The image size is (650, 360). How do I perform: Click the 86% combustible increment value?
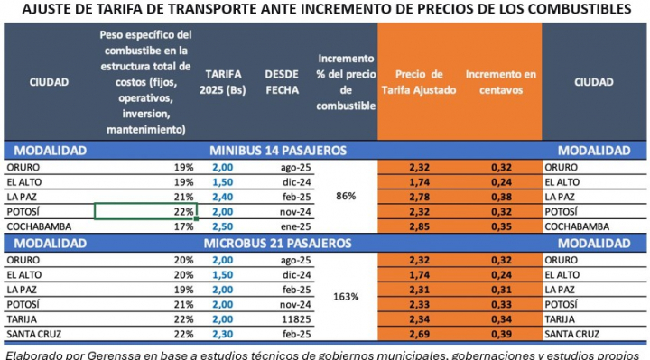[x=344, y=196]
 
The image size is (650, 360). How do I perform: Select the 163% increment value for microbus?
[x=344, y=296]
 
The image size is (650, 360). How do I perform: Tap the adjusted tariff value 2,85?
[x=418, y=226]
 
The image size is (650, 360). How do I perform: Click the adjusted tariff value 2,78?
[x=418, y=196]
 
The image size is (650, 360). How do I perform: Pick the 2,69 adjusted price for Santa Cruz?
[x=418, y=333]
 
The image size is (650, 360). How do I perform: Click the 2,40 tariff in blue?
[x=223, y=196]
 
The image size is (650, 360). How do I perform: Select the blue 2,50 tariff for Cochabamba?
[x=223, y=226]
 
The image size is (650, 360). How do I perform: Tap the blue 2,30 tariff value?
[x=223, y=333]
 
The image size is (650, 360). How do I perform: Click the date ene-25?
[x=283, y=226]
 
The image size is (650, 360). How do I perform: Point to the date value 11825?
[x=283, y=318]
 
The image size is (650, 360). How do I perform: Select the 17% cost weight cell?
[x=184, y=226]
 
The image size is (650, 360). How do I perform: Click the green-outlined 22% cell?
[x=145, y=211]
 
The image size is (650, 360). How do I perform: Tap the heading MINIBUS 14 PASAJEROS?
[x=278, y=150]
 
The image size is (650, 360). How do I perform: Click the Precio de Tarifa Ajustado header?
[x=419, y=80]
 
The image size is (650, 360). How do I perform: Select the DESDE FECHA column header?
[x=283, y=80]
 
